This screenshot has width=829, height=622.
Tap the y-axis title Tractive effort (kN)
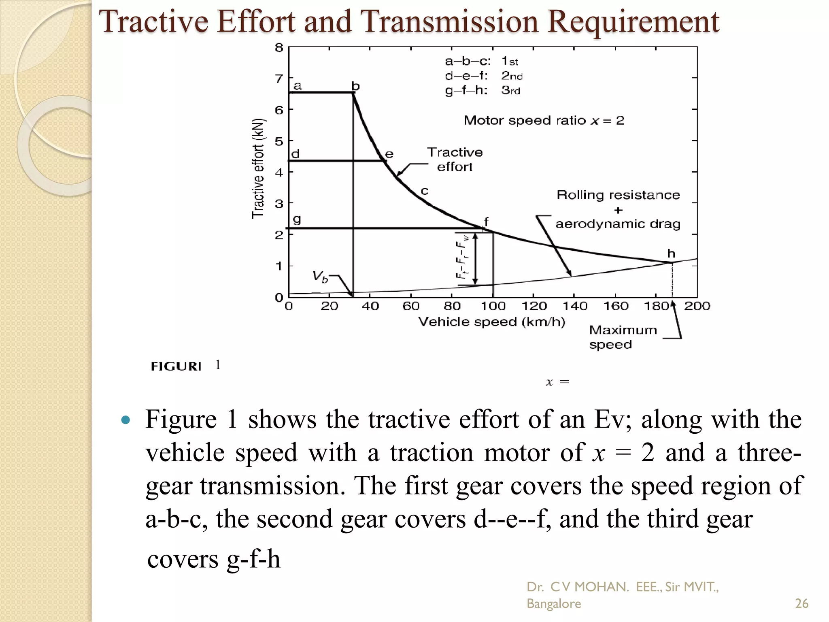tap(258, 169)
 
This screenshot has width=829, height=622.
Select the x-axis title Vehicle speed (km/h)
tap(491, 322)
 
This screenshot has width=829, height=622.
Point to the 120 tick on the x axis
tap(534, 306)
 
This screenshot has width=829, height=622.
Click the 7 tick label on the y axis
tap(279, 78)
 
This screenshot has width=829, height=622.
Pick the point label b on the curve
tap(355, 86)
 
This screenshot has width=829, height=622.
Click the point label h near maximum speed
tap(671, 254)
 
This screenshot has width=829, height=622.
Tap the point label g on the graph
tap(297, 219)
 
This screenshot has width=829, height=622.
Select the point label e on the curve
tap(389, 154)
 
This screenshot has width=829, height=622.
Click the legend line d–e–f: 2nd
tap(484, 76)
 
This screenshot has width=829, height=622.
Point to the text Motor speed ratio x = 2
tap(544, 120)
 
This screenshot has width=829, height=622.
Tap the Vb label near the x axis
tap(320, 277)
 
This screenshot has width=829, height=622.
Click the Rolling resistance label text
tap(618, 195)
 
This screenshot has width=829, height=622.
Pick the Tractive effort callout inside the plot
tap(455, 159)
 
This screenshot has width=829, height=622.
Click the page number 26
tap(801, 603)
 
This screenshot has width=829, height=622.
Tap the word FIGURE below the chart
tap(176, 366)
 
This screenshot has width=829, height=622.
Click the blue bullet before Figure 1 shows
tap(126, 420)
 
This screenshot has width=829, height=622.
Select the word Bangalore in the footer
tap(553, 603)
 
